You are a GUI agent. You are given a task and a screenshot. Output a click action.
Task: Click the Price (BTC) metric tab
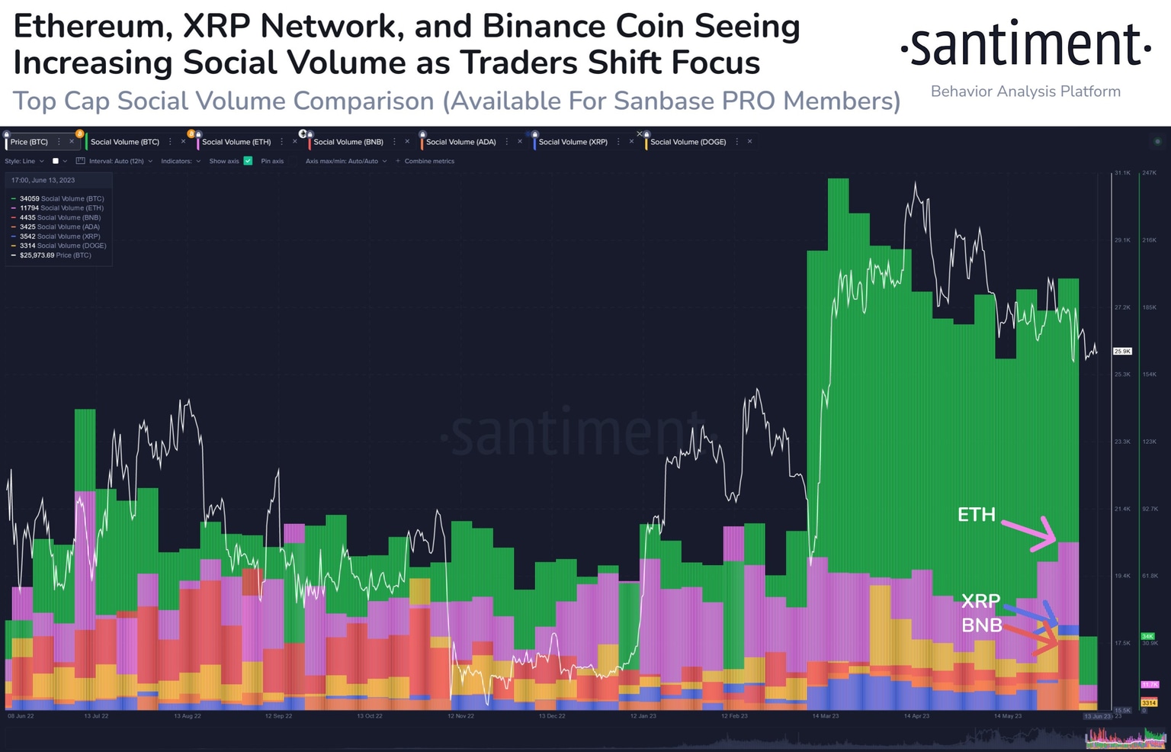[x=29, y=142]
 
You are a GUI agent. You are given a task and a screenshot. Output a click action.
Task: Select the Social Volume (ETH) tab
[x=236, y=142]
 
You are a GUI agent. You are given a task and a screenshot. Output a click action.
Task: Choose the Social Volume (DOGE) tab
[x=688, y=142]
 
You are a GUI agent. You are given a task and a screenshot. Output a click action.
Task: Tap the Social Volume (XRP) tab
[x=573, y=142]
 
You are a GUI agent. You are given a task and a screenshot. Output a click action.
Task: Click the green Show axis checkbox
[x=248, y=161]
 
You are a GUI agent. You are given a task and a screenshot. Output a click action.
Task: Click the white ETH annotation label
[x=976, y=515]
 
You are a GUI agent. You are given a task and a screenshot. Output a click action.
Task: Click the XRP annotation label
[x=980, y=601]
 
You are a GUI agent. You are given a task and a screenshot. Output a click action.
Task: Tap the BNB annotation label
[x=981, y=625]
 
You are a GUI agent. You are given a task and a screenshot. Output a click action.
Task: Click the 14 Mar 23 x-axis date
[x=825, y=716]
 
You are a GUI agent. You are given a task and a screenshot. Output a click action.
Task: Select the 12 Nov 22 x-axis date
[x=460, y=716]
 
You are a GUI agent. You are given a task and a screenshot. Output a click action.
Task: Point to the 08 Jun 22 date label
[x=21, y=716]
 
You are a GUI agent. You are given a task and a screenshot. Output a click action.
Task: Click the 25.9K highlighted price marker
[x=1122, y=352]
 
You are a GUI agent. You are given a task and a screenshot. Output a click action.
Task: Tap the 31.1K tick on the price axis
[x=1122, y=173]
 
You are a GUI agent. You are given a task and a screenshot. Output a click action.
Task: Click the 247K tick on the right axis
[x=1149, y=173]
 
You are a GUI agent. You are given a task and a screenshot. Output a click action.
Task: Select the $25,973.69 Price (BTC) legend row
[x=55, y=255]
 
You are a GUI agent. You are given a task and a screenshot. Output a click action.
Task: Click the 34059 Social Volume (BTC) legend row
[x=61, y=198]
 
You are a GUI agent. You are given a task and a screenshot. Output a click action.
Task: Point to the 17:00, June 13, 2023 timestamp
[x=43, y=181]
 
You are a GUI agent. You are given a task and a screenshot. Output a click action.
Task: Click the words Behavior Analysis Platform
[x=1025, y=92]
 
